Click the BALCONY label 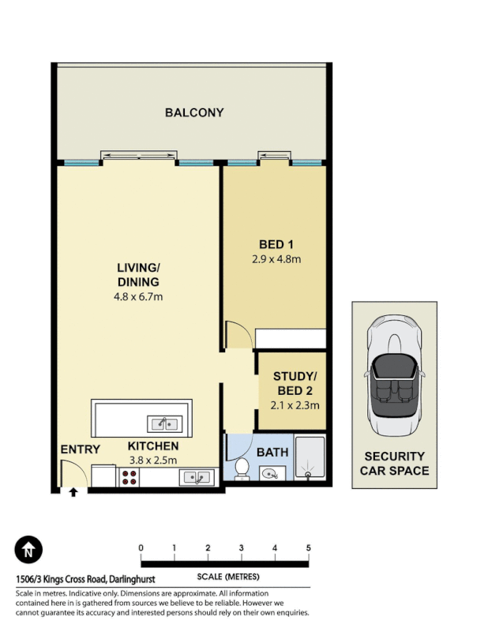click(193, 113)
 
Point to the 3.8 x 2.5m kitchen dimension click(152, 461)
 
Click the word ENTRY click(81, 450)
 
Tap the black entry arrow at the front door click(73, 492)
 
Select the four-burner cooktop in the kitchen click(129, 477)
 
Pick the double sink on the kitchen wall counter click(195, 477)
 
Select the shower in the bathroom click(309, 458)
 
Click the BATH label click(272, 453)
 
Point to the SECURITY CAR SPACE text click(394, 464)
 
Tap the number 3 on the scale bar click(241, 548)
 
